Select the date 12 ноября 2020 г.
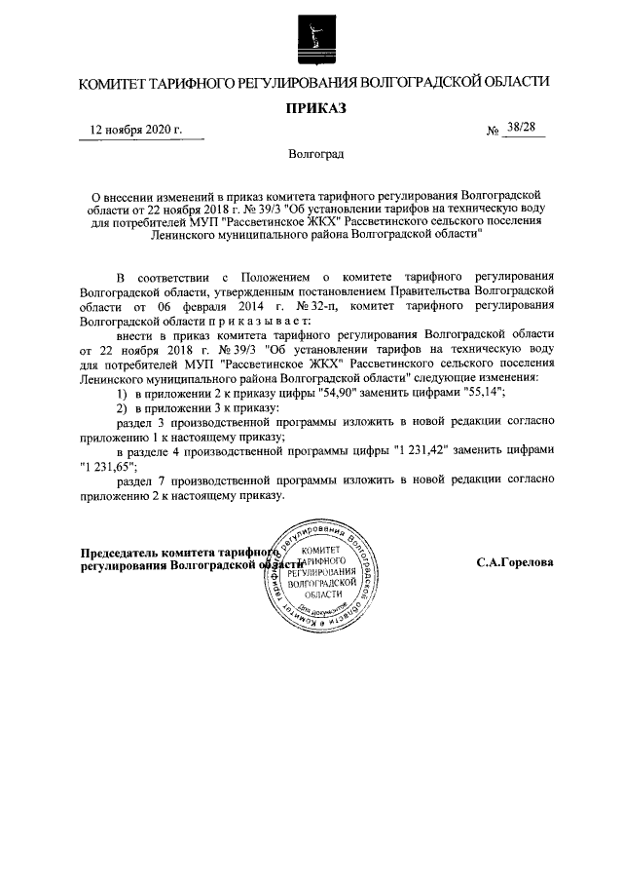(x=135, y=131)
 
